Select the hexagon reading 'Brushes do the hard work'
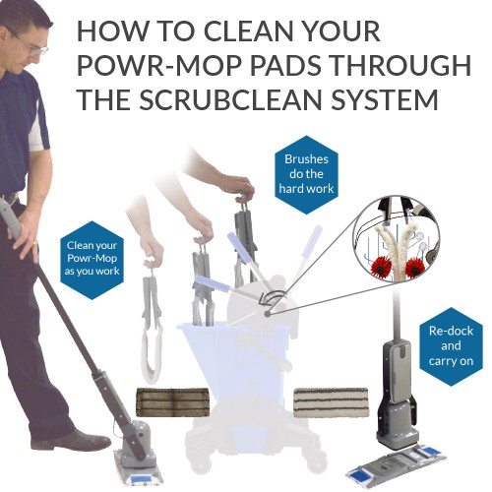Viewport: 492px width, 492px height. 306,174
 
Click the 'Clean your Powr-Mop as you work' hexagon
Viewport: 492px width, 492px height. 92,260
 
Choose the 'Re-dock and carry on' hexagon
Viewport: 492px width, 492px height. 451,346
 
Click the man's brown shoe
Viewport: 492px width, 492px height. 73,440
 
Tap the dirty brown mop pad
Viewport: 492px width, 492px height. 172,402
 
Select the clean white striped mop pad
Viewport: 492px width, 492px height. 332,402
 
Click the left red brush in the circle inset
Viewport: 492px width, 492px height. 381,267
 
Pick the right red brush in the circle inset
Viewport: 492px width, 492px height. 415,269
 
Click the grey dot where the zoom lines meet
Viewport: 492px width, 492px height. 268,314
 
